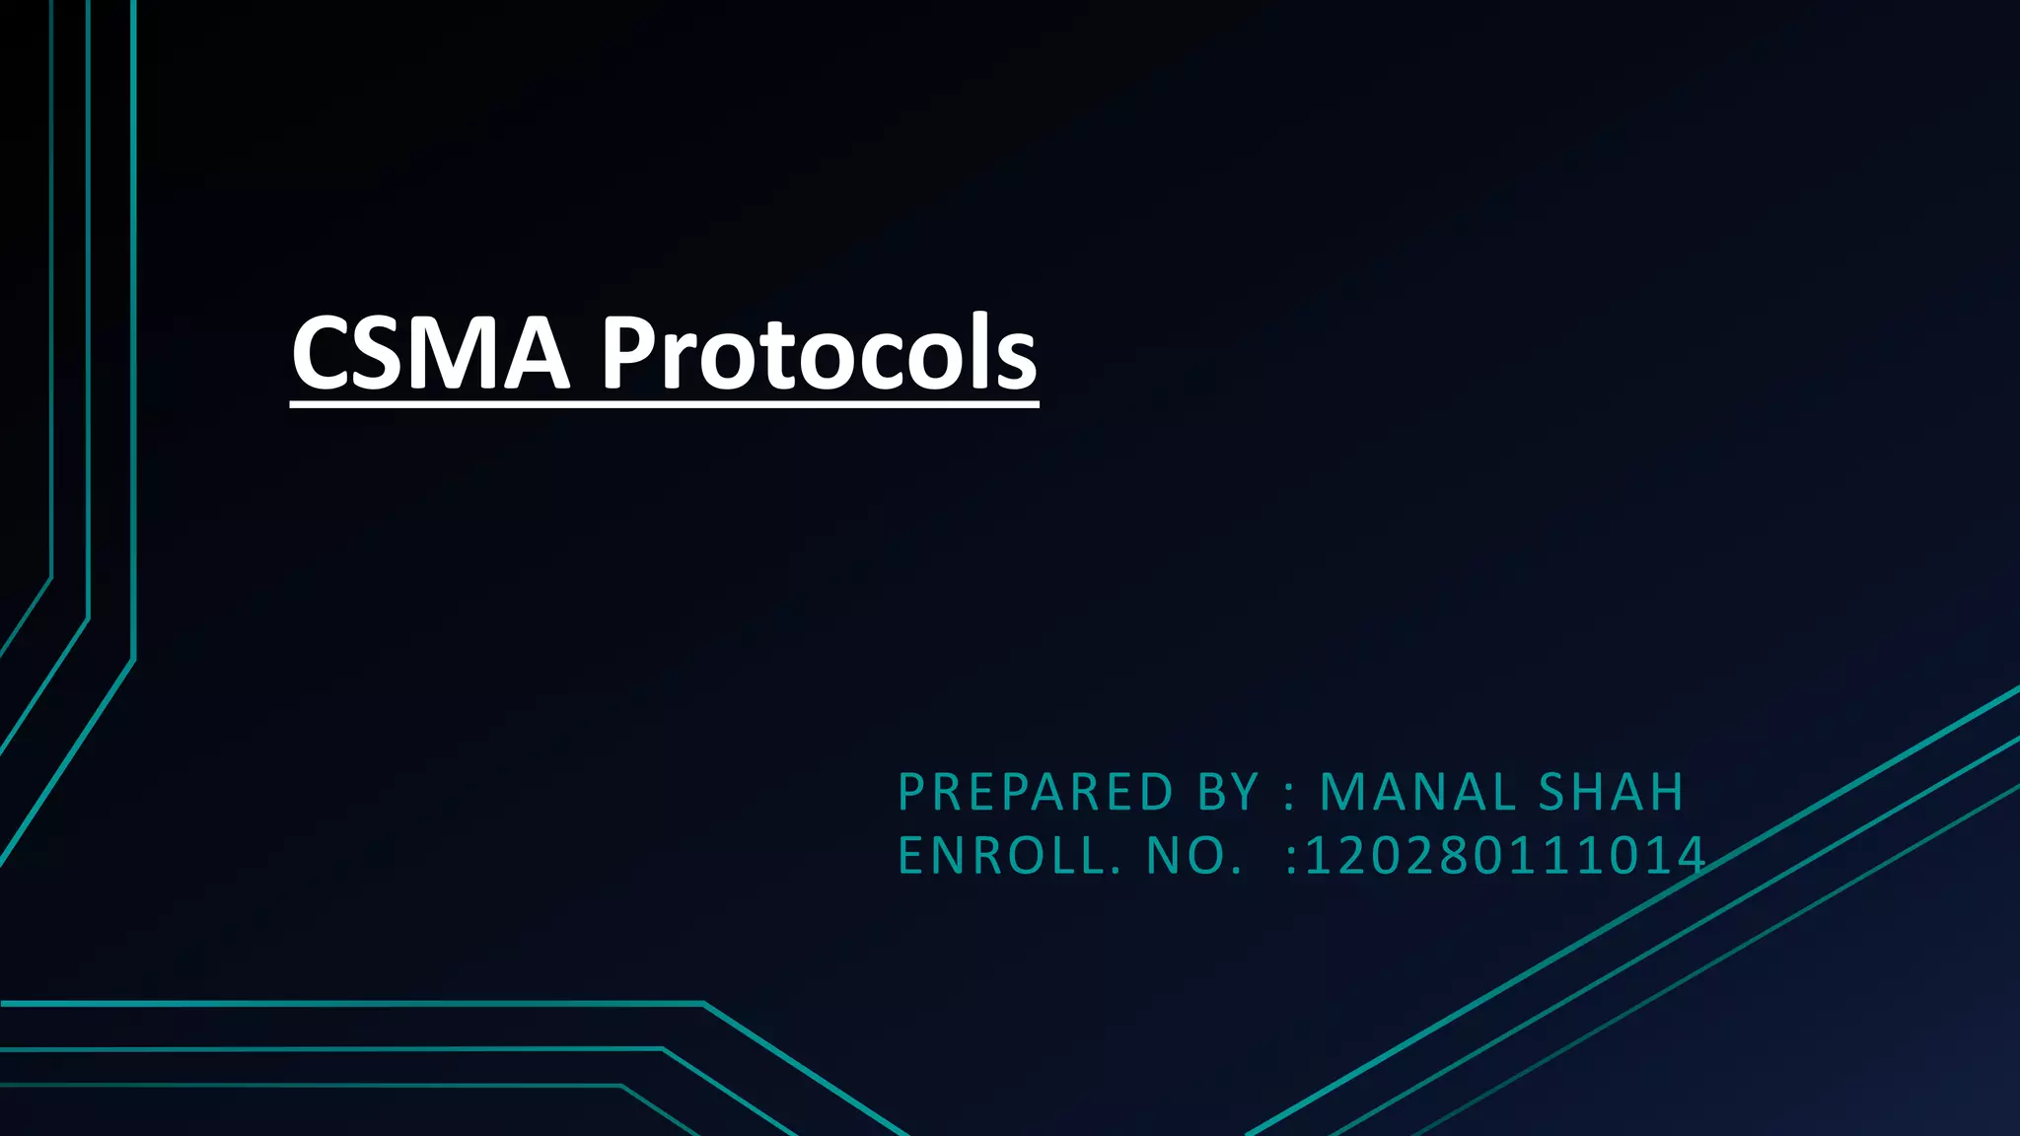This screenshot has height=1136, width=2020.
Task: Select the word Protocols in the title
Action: coord(819,353)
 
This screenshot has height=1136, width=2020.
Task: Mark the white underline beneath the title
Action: coord(664,402)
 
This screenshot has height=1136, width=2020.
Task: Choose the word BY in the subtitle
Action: coord(1229,792)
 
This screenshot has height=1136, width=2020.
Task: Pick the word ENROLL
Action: coord(1010,856)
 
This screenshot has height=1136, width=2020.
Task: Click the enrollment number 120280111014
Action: coord(1505,856)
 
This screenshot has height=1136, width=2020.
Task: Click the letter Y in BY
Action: coord(1247,792)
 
